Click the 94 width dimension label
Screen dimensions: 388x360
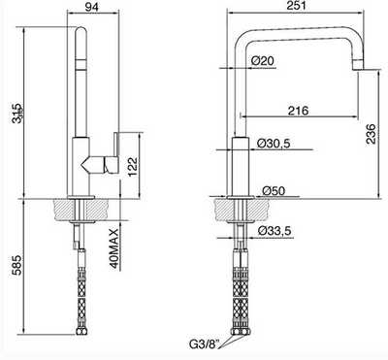click(92, 7)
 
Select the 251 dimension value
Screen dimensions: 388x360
click(296, 6)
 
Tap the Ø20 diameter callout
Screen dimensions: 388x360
click(262, 60)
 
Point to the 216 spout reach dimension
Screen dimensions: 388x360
click(298, 111)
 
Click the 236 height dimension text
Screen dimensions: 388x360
click(371, 134)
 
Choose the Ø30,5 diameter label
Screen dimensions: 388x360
click(274, 144)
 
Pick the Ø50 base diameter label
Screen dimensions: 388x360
click(274, 191)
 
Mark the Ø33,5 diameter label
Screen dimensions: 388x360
click(275, 231)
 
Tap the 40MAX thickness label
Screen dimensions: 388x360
click(114, 248)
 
